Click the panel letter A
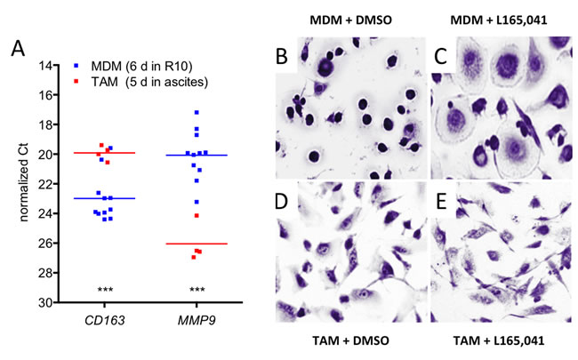[x=18, y=50]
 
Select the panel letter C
[x=442, y=59]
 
